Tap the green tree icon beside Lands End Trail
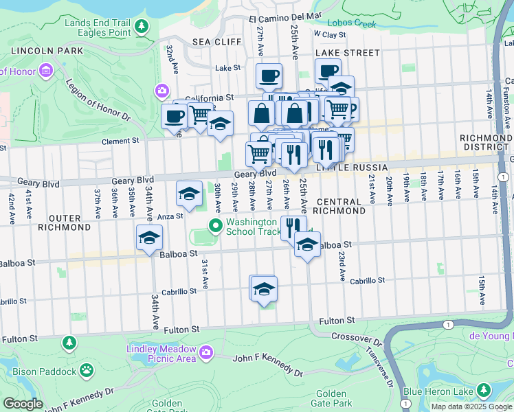(x=142, y=27)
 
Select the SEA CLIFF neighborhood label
(x=216, y=42)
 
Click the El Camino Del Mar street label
(x=285, y=15)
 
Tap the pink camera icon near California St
(x=162, y=90)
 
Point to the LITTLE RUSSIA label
(x=348, y=168)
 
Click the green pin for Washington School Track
(x=215, y=225)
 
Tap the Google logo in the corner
(x=23, y=404)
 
